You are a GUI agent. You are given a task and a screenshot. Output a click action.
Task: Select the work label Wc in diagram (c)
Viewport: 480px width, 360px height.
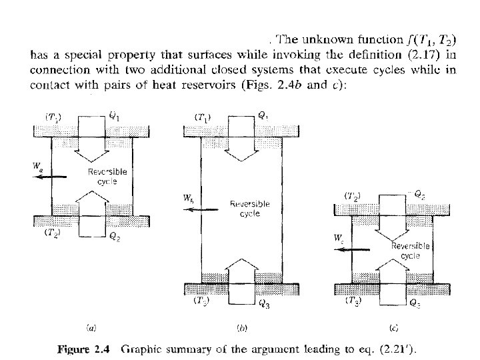coord(338,237)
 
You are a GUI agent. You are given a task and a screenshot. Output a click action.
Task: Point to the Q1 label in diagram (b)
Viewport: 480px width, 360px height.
coord(264,115)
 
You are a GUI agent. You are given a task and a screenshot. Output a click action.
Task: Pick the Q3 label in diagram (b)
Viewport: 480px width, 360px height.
coord(264,306)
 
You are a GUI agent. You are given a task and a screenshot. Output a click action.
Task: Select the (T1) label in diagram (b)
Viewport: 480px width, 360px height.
coord(203,117)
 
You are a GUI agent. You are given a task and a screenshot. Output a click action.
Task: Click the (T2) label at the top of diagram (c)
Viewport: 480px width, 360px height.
coord(353,197)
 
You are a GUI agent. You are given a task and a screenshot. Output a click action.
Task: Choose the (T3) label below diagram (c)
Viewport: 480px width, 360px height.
coord(353,301)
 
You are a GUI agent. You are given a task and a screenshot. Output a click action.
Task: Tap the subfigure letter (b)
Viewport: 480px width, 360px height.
coord(243,327)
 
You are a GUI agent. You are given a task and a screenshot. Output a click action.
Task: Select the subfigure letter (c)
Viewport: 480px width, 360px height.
coord(393,327)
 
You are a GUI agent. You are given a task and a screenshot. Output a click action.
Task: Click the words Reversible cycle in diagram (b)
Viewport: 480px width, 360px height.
coord(249,209)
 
